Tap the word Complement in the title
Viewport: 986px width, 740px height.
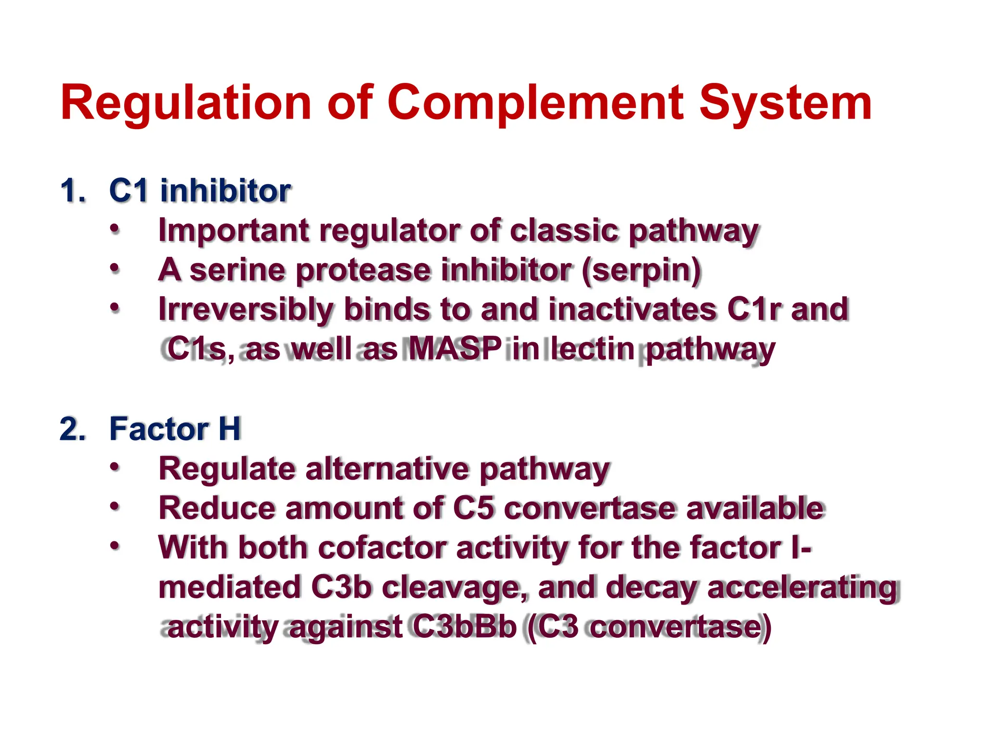(x=535, y=103)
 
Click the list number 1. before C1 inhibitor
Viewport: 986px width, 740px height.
(x=73, y=191)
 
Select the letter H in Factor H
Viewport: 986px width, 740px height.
(x=229, y=429)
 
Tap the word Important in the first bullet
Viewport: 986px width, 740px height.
(x=234, y=231)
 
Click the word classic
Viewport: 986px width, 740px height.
(x=563, y=231)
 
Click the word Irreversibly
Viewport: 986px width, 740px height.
(x=246, y=309)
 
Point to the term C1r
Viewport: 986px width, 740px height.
(x=754, y=309)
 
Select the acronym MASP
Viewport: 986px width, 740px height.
(x=454, y=349)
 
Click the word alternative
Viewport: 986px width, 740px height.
(x=388, y=469)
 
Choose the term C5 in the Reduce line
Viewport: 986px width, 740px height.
(x=474, y=508)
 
